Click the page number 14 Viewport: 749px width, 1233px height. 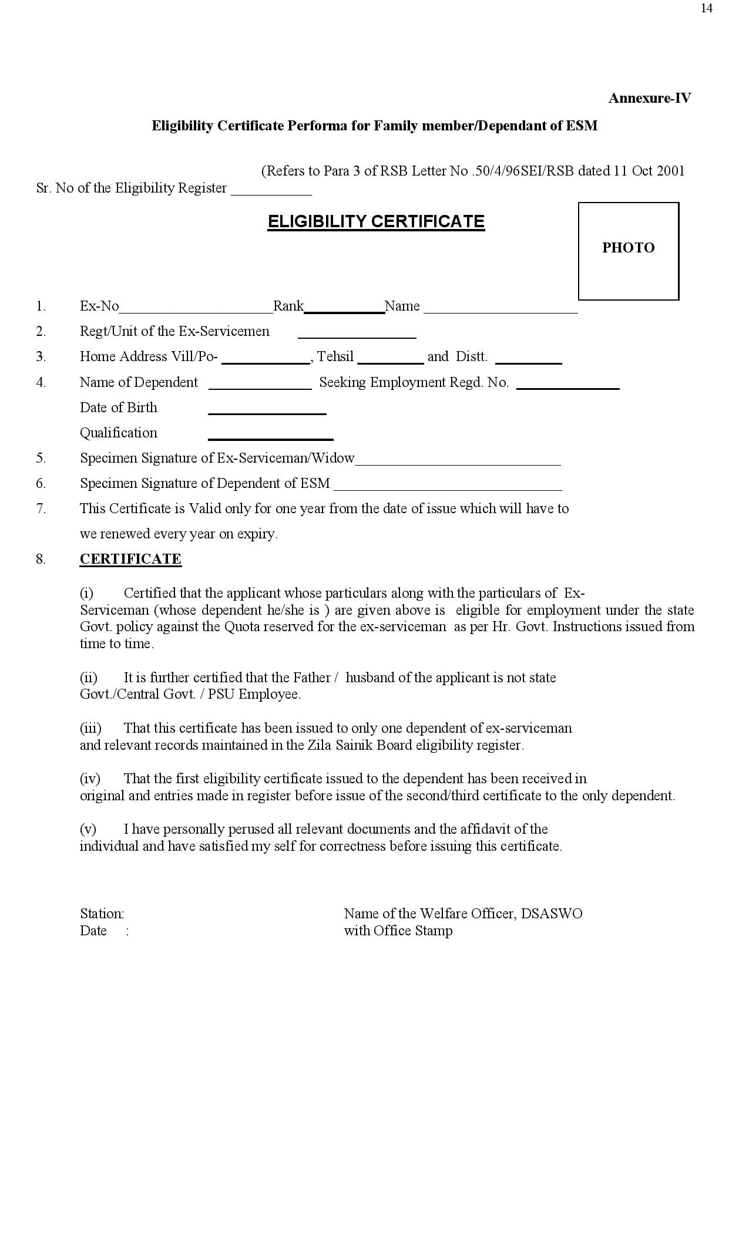(706, 8)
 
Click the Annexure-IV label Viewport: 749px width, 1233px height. (650, 98)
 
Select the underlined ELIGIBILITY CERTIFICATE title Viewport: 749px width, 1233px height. (376, 221)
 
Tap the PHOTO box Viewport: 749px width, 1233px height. (628, 251)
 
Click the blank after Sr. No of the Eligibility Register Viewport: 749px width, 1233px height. (271, 190)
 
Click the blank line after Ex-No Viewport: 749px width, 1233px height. (196, 309)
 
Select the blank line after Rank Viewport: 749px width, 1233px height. (344, 309)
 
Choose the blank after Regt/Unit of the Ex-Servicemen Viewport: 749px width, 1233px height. (357, 334)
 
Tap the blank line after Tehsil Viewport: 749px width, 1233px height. (391, 359)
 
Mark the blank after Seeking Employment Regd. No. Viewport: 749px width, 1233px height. (567, 385)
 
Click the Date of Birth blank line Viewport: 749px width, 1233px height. (267, 410)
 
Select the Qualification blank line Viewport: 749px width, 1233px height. (270, 435)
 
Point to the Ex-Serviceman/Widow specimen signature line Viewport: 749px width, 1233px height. (458, 461)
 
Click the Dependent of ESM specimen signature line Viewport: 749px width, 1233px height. (448, 486)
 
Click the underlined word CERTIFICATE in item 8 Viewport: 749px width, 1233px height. (130, 559)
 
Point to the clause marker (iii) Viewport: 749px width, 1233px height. (90, 728)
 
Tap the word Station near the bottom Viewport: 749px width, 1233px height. (101, 914)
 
